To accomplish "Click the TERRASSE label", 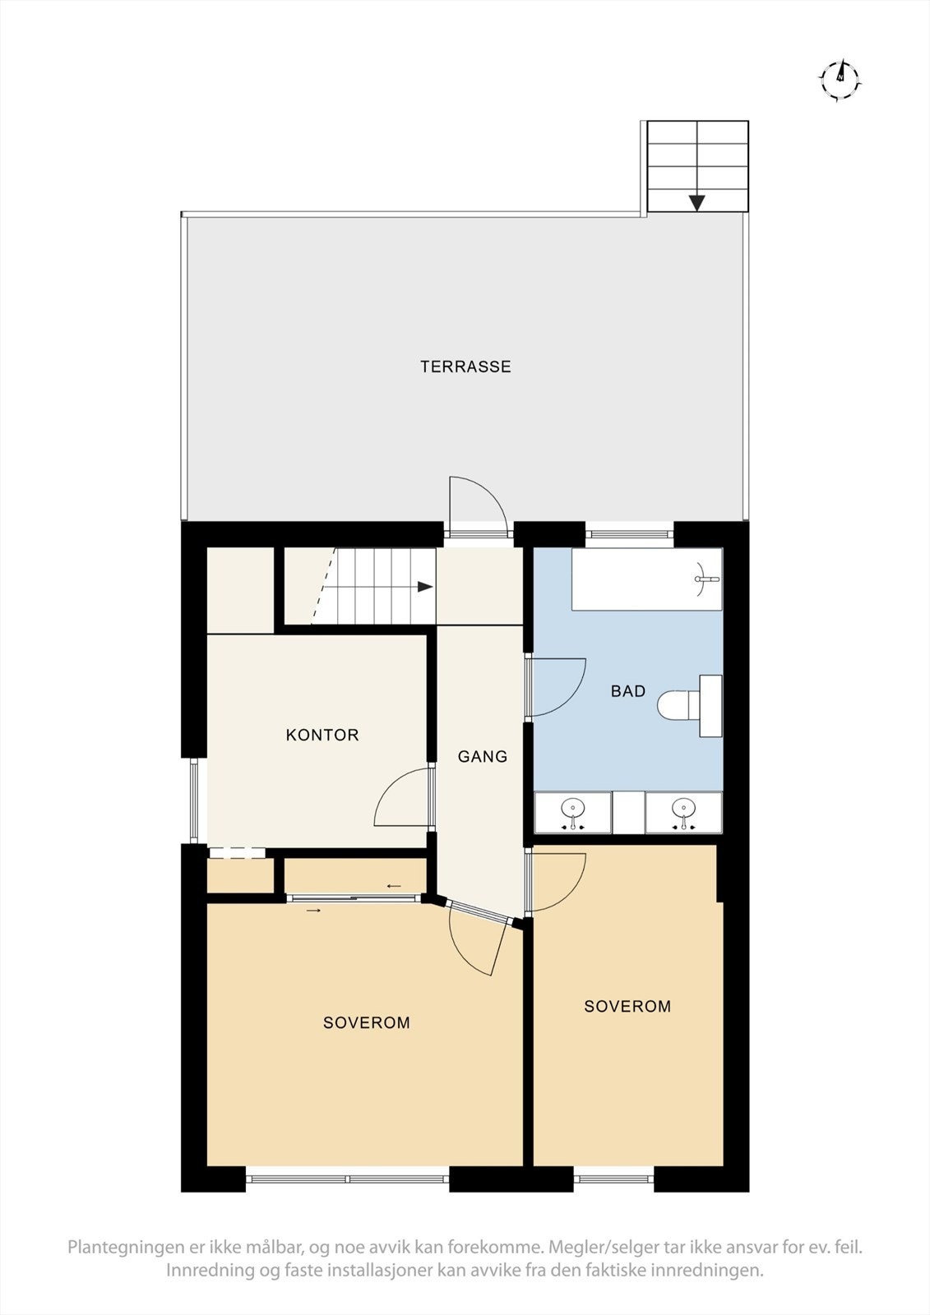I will click(x=465, y=367).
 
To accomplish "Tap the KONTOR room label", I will click(x=322, y=735).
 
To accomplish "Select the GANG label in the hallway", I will click(x=483, y=756).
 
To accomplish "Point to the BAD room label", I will click(x=628, y=691).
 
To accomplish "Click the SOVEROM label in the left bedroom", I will click(x=366, y=1022).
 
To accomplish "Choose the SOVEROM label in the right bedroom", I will click(x=627, y=1006).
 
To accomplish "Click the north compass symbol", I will click(x=840, y=79).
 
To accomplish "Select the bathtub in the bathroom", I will click(x=646, y=579).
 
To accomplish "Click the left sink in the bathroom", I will click(x=572, y=813).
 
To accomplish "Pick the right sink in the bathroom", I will click(x=683, y=813).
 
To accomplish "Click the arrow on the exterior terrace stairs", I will click(x=697, y=202).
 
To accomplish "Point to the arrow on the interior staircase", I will click(x=424, y=587).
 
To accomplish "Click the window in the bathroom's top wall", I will click(x=630, y=535).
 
